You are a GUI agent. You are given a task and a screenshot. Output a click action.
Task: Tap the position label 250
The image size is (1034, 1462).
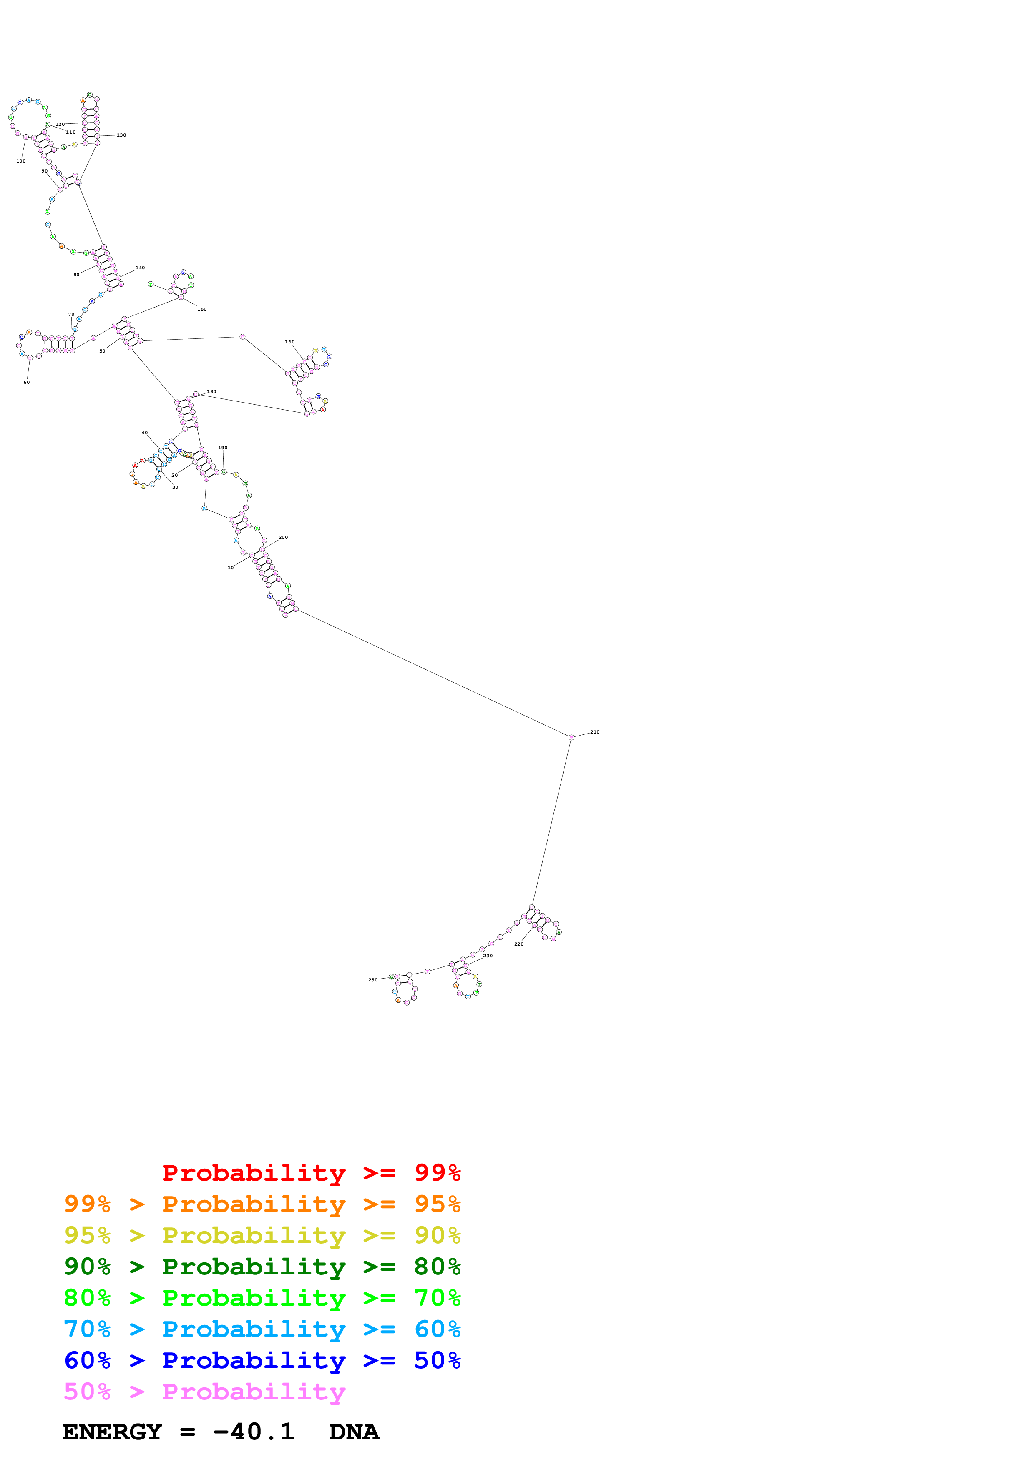pos(373,980)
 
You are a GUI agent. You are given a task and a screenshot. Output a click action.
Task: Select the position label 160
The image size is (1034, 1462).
pos(290,342)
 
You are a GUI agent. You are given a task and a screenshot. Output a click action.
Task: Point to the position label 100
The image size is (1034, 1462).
pos(21,161)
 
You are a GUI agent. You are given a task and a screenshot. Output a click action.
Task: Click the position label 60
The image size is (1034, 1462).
pos(27,382)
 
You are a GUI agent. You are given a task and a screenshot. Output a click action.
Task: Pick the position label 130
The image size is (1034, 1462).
pos(121,135)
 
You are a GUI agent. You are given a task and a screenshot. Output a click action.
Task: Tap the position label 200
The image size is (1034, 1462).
pos(284,538)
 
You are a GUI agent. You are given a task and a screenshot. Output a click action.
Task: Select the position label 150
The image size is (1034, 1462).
pos(202,310)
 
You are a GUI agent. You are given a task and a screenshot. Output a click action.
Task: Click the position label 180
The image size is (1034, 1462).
pos(211,392)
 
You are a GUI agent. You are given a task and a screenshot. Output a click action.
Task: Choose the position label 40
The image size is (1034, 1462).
pos(145,433)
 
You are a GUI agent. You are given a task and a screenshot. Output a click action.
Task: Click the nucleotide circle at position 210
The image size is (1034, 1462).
pos(571,737)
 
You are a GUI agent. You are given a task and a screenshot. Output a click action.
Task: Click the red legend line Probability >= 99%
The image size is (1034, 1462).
pos(311,1173)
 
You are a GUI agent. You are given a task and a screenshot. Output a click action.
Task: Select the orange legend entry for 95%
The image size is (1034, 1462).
pos(262,1204)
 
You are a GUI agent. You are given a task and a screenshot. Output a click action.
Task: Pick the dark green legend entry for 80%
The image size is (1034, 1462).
pos(262,1267)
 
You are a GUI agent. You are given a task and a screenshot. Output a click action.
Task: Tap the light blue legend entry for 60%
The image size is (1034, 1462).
pos(262,1329)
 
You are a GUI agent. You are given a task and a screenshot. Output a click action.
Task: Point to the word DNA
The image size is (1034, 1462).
pos(354,1432)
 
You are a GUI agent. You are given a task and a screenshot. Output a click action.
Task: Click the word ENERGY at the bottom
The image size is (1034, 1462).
pos(112,1432)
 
